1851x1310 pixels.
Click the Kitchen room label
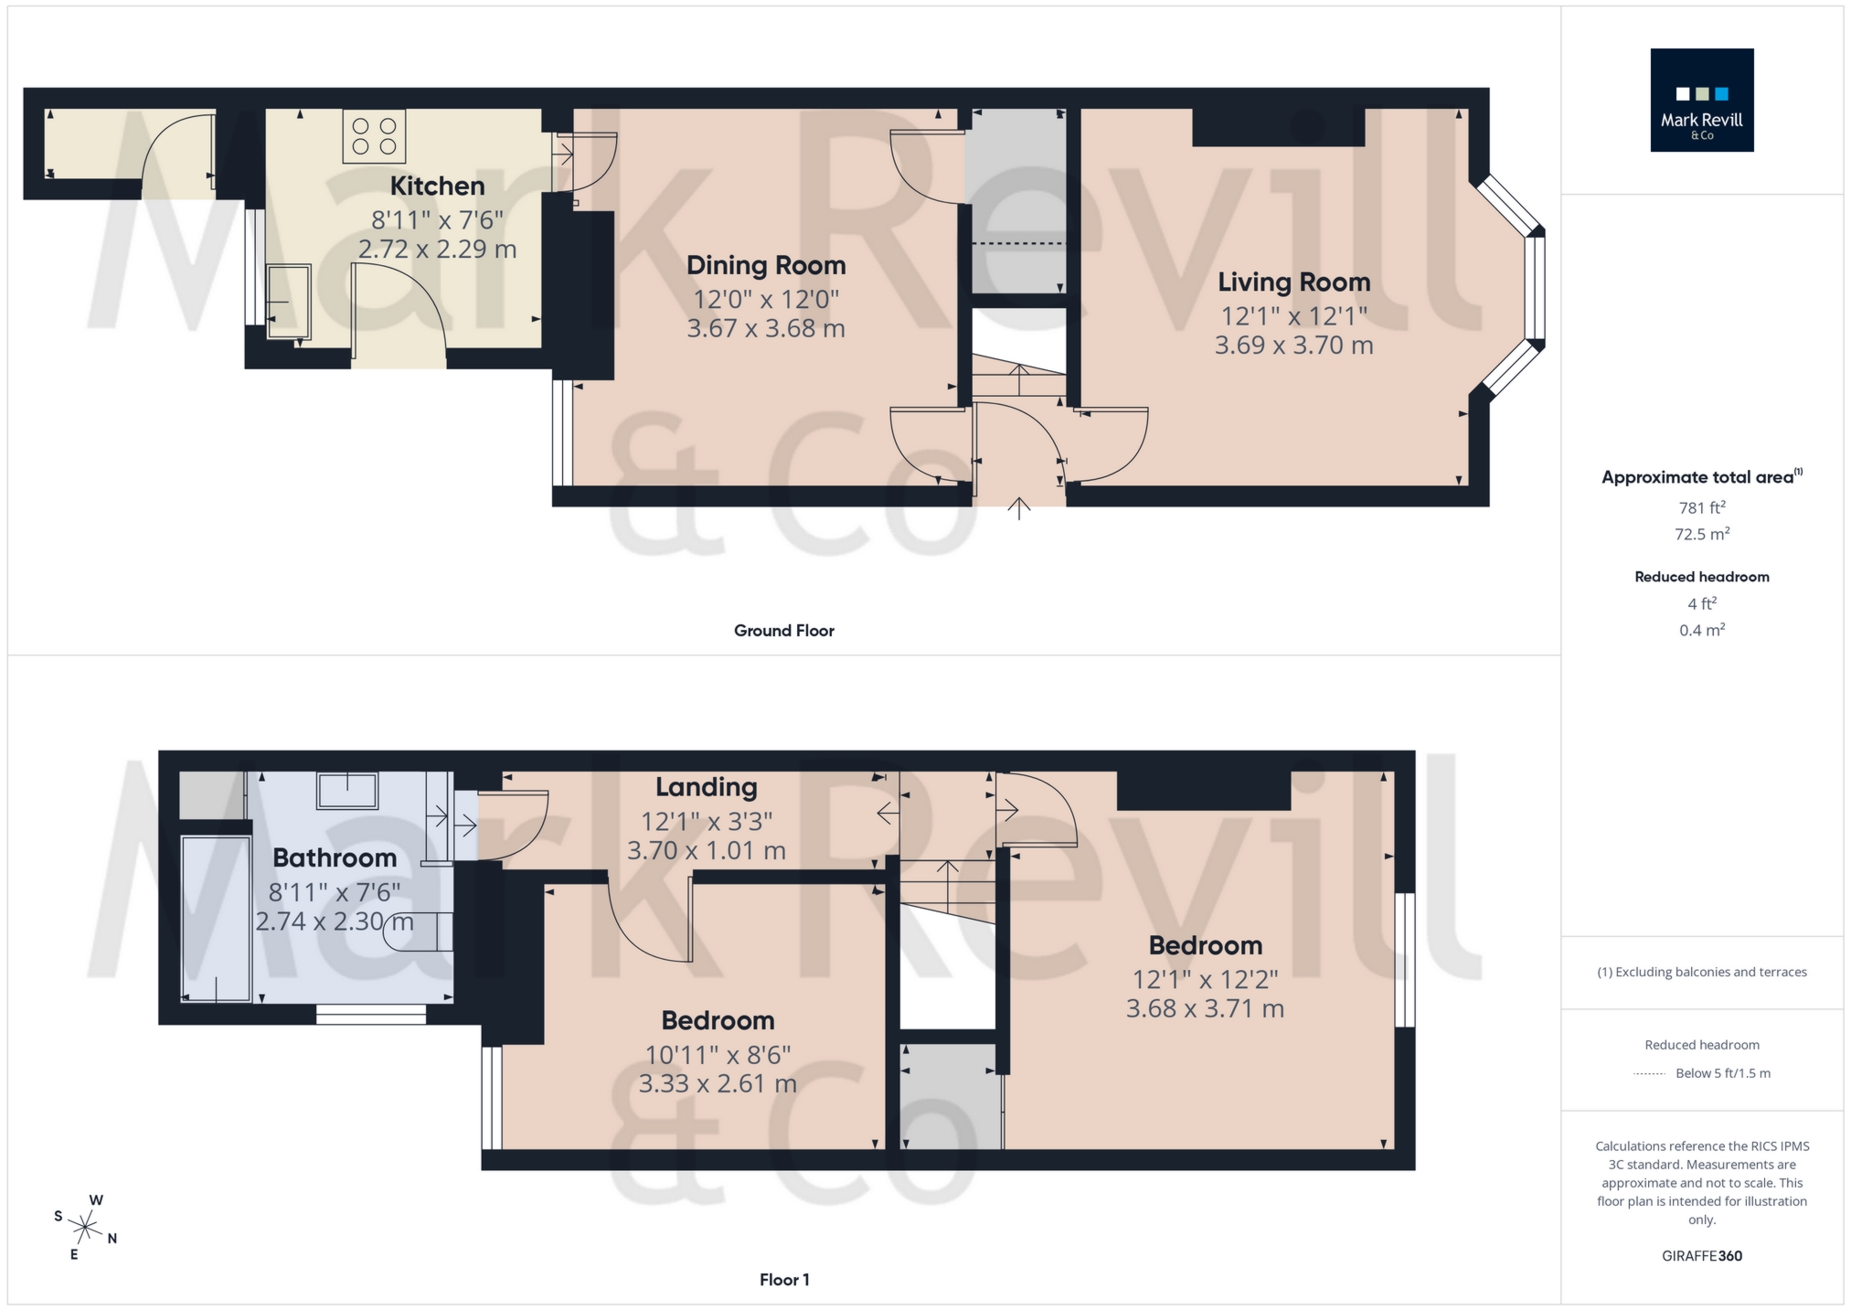point(437,186)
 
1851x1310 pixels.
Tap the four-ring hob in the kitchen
point(374,136)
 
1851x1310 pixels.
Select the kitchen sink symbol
point(289,301)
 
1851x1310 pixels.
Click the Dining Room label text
point(766,265)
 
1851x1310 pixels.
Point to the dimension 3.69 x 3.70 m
point(1293,346)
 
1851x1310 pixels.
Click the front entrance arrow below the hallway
point(1019,508)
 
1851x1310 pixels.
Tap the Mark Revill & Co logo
point(1701,101)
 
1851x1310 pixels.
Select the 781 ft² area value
point(1701,507)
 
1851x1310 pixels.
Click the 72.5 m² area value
point(1701,534)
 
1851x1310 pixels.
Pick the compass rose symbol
point(86,1228)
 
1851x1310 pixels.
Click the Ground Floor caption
point(783,631)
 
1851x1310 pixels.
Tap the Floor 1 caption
point(783,1280)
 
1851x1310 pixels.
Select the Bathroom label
point(335,857)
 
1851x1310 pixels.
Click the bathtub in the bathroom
point(216,918)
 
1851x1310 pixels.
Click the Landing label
point(706,787)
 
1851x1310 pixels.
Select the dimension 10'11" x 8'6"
point(718,1055)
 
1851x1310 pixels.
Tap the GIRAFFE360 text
point(1701,1256)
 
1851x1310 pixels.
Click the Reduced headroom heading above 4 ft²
point(1701,577)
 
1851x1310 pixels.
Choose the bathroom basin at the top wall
point(347,790)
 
